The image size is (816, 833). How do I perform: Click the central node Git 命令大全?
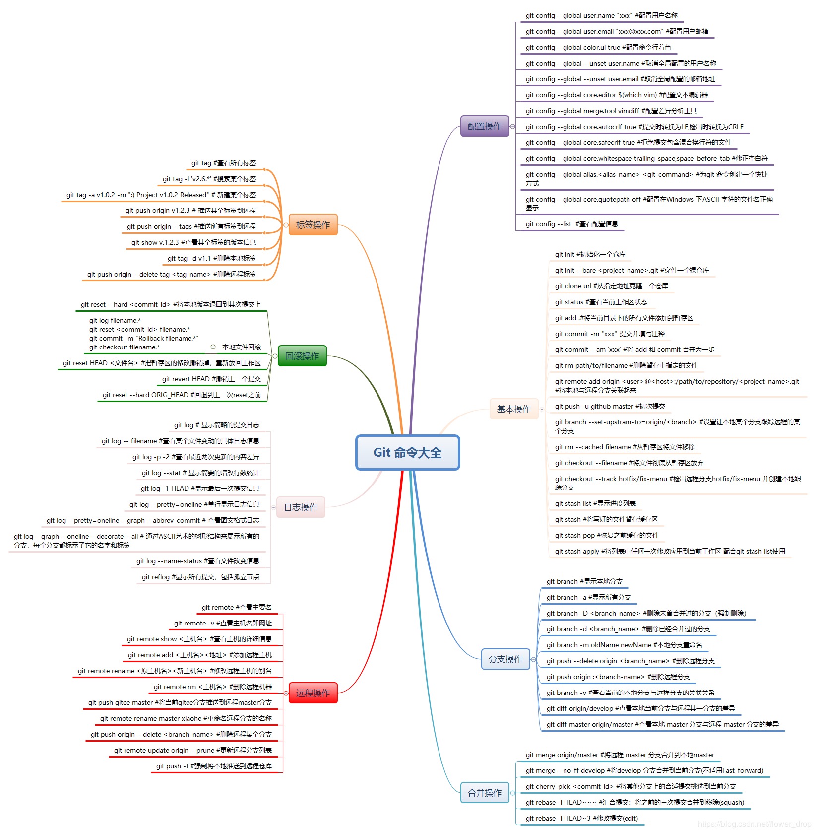point(407,452)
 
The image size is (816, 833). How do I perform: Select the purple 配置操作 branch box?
point(485,126)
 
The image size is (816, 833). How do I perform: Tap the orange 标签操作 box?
point(313,225)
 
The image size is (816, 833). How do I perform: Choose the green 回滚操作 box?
point(302,356)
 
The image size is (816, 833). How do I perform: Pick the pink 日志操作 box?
point(301,507)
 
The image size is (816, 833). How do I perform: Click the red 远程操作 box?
point(313,693)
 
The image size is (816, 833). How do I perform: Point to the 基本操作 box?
point(514,409)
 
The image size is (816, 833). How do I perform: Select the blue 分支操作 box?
point(505,659)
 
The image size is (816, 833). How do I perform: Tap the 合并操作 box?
point(485,793)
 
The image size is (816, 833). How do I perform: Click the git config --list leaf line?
point(571,224)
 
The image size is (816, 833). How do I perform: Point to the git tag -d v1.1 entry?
point(212,258)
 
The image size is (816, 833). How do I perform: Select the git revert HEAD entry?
point(211,379)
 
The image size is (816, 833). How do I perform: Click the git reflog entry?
point(200,577)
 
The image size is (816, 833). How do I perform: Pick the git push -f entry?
point(214,766)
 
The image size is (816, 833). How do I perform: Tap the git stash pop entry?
point(606,535)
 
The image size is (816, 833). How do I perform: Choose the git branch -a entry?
point(588,597)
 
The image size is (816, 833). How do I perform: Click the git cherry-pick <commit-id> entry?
point(630,786)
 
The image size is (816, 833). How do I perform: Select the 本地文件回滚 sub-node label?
point(241,347)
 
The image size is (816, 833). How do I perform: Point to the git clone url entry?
point(611,286)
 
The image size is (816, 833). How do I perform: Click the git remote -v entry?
point(223,623)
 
